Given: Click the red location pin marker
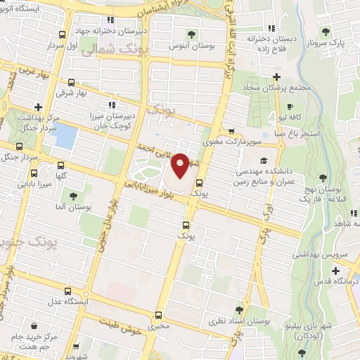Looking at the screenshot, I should [180, 166].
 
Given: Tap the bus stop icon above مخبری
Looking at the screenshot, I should [159, 314].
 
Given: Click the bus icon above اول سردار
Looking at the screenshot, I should [63, 34].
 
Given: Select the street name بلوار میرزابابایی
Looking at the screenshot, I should [155, 186].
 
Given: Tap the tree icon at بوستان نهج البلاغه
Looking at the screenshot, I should [323, 177].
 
